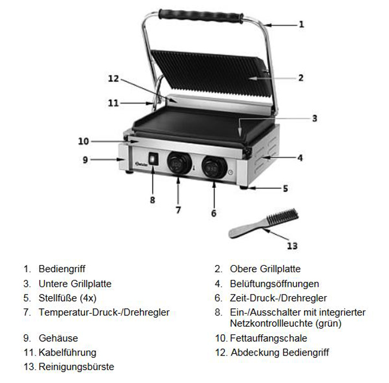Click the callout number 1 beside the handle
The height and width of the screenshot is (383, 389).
302,25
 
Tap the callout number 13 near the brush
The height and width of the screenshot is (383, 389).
292,246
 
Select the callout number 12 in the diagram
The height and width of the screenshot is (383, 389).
114,78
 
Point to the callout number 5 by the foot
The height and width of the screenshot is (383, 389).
285,189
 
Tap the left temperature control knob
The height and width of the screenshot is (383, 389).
179,163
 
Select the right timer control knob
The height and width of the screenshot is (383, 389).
214,167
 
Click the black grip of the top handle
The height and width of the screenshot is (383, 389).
201,16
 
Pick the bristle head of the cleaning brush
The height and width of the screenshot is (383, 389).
282,217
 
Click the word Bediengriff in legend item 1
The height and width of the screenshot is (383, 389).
62,269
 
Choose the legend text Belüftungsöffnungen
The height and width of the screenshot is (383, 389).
274,284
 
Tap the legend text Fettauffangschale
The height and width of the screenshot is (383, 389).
269,338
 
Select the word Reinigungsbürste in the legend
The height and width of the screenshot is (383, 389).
77,367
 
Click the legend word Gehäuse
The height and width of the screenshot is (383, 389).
58,338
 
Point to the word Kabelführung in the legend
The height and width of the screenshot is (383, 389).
68,352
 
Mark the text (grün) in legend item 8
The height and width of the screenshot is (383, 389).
329,324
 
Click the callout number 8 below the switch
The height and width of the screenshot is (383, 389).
153,200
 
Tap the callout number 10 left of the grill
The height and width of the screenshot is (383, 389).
83,141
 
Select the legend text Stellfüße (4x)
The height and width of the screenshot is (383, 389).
68,298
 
